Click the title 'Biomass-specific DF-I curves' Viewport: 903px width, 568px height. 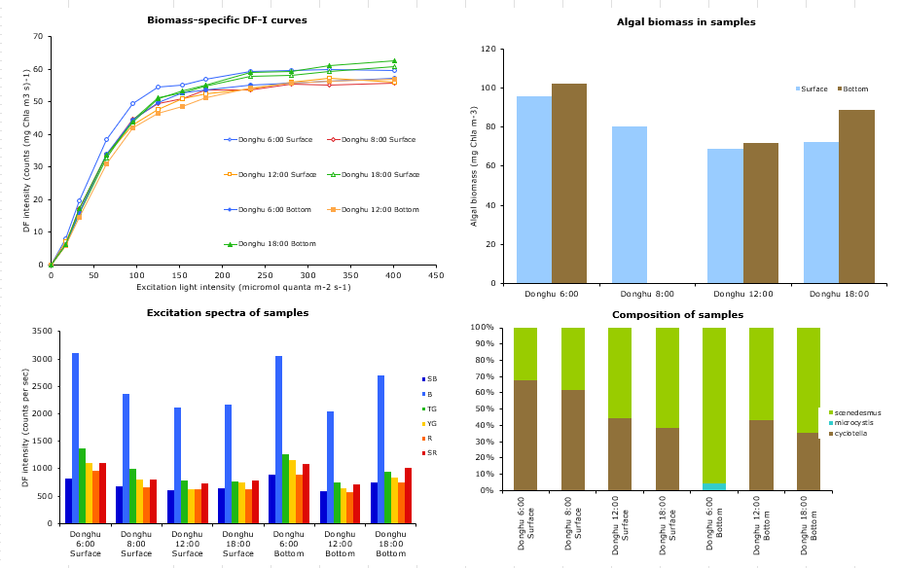pyautogui.click(x=227, y=20)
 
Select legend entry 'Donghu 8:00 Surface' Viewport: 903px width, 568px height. pyautogui.click(x=372, y=140)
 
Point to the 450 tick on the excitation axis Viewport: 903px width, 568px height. pyautogui.click(x=436, y=275)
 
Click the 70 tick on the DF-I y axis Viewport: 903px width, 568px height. pyautogui.click(x=38, y=36)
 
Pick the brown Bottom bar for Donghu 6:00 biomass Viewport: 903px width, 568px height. pyautogui.click(x=569, y=184)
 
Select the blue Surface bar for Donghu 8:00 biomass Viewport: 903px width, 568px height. pyautogui.click(x=629, y=205)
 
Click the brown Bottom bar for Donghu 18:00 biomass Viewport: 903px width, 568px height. pyautogui.click(x=856, y=196)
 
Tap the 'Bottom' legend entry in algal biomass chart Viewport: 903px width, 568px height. pyautogui.click(x=853, y=89)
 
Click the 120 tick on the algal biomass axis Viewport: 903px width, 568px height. pyautogui.click(x=488, y=49)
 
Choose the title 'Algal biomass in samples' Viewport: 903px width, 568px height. pyautogui.click(x=686, y=22)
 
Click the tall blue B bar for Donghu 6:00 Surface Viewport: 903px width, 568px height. pyautogui.click(x=75, y=439)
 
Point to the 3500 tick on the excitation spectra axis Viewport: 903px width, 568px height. pyautogui.click(x=42, y=332)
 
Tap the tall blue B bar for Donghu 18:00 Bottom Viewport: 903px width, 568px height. pyautogui.click(x=380, y=449)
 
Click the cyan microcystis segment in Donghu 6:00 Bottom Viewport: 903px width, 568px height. pyautogui.click(x=714, y=487)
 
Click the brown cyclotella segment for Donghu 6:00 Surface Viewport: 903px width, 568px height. pyautogui.click(x=525, y=436)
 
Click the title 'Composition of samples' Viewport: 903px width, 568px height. pyautogui.click(x=677, y=315)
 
